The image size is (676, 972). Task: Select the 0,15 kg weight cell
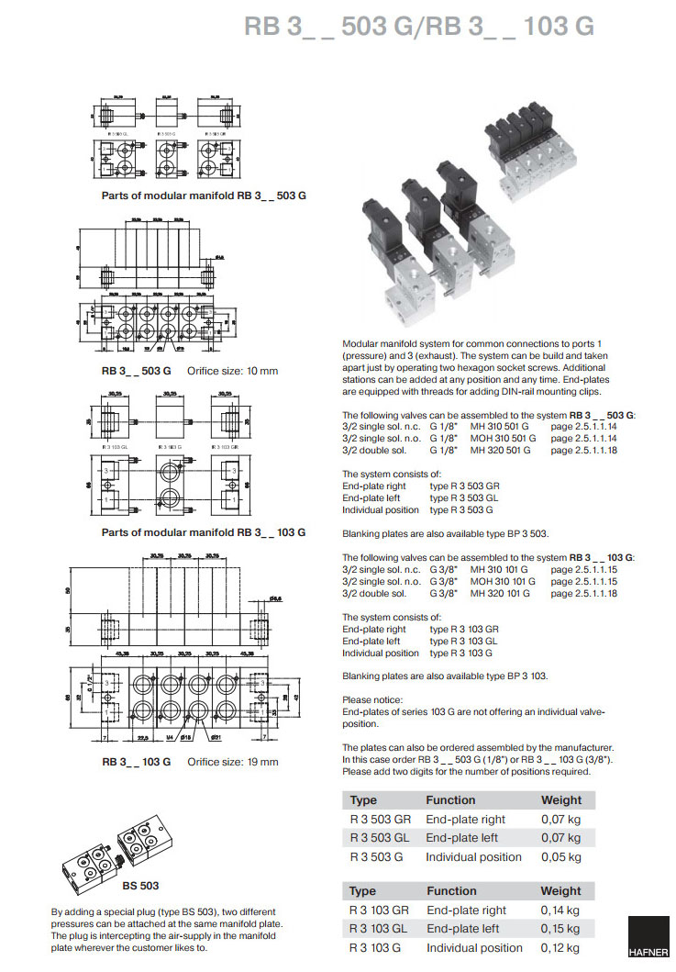click(560, 929)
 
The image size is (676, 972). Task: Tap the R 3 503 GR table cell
click(381, 819)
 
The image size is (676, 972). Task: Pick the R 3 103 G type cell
click(376, 948)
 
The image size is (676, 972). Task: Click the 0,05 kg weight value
click(560, 856)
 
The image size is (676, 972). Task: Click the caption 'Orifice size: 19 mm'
click(232, 762)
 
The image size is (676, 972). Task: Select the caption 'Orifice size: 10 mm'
click(232, 371)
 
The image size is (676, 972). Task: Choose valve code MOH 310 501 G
click(503, 439)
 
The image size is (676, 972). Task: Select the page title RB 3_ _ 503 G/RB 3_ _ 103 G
click(419, 27)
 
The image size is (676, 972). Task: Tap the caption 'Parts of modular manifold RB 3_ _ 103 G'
click(204, 532)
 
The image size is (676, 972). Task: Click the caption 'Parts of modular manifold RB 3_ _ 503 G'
click(204, 196)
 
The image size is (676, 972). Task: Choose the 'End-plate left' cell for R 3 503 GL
click(465, 838)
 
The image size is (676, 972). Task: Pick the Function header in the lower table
click(450, 890)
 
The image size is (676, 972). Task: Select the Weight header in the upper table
click(560, 800)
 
